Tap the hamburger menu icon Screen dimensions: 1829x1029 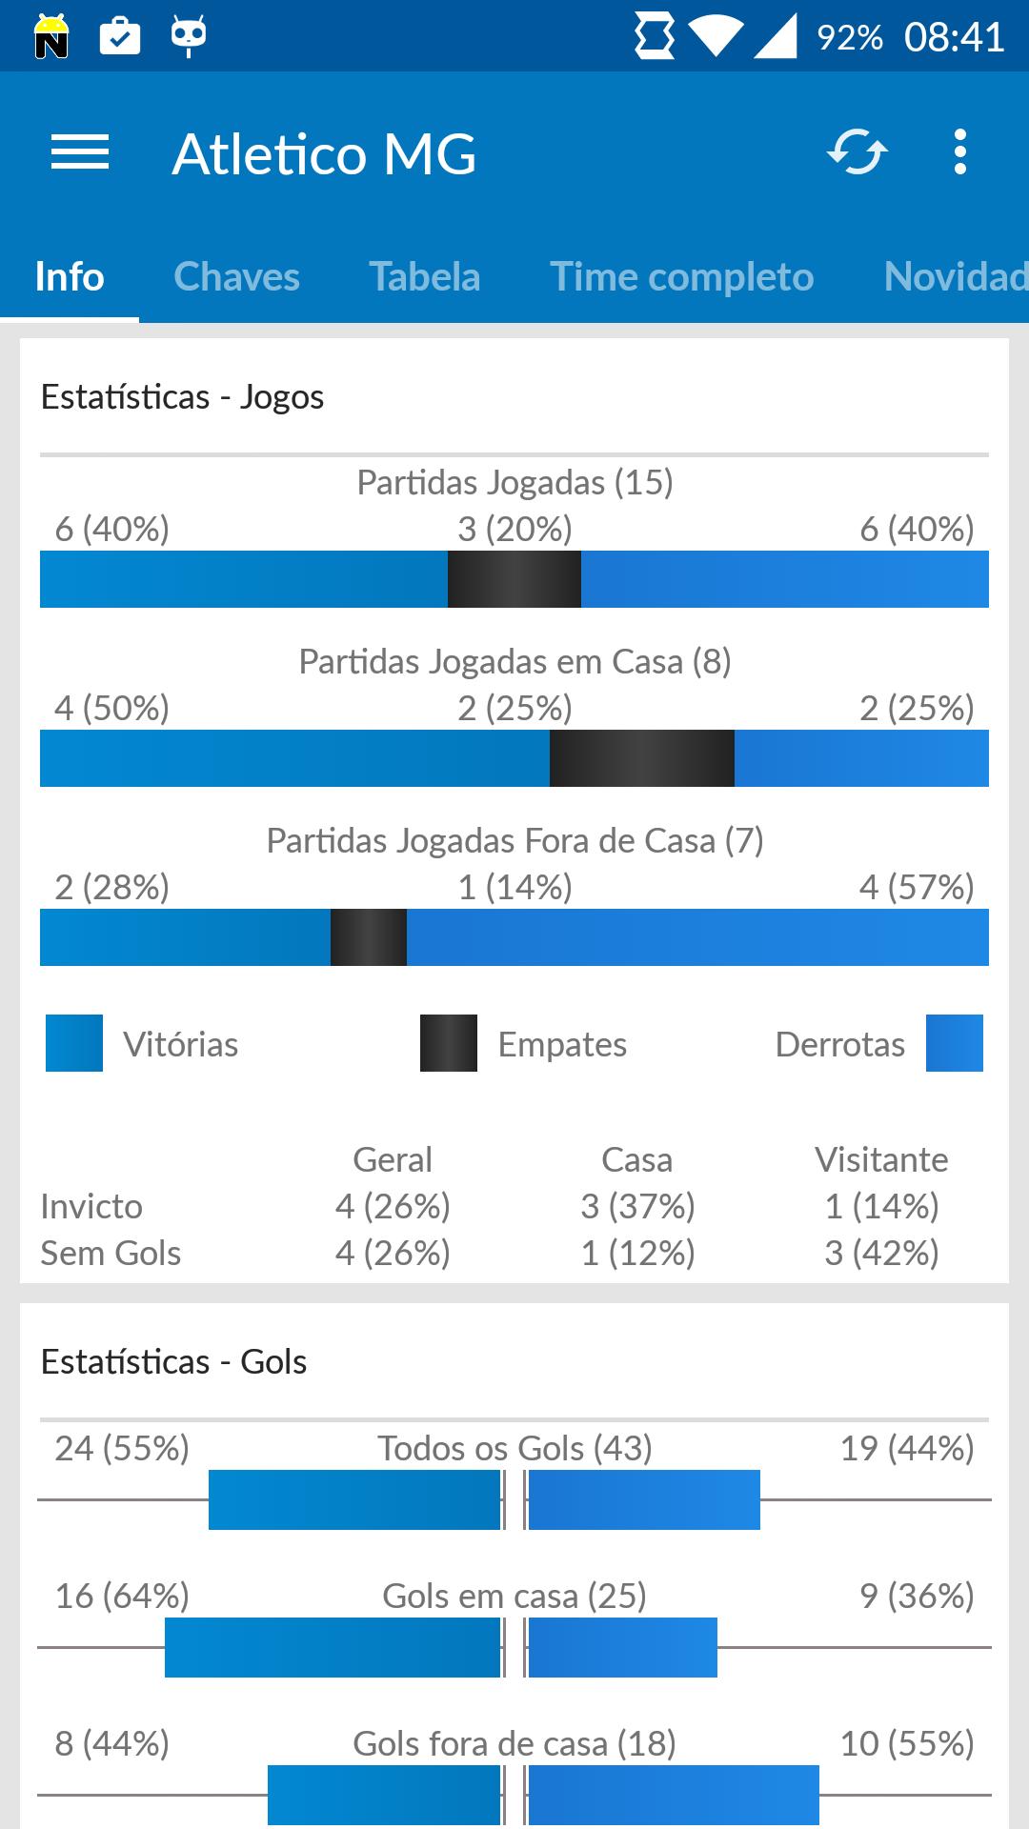click(x=80, y=152)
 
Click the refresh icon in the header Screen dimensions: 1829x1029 click(x=857, y=152)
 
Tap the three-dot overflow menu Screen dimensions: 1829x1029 click(x=959, y=152)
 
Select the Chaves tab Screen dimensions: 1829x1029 click(x=236, y=277)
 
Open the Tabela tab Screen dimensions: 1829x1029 click(x=424, y=277)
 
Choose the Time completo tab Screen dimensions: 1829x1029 click(x=681, y=277)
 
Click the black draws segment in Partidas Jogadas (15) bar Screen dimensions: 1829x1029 click(x=514, y=579)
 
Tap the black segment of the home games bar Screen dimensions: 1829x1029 click(x=641, y=758)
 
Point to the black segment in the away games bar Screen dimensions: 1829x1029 click(x=368, y=937)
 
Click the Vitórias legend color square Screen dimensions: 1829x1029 click(x=74, y=1043)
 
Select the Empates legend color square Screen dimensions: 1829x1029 click(x=449, y=1043)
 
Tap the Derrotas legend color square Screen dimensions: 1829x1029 click(x=954, y=1043)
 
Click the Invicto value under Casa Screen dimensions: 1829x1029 click(x=637, y=1207)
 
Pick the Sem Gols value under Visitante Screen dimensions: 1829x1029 click(x=881, y=1254)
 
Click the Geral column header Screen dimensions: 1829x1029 click(x=392, y=1160)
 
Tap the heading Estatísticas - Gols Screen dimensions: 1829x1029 click(x=173, y=1362)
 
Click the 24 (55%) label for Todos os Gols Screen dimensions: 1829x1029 click(x=122, y=1449)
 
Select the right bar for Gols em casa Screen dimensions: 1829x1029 click(x=622, y=1647)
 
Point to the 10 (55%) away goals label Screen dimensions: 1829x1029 click(x=906, y=1744)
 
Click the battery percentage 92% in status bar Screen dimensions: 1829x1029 click(x=849, y=38)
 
